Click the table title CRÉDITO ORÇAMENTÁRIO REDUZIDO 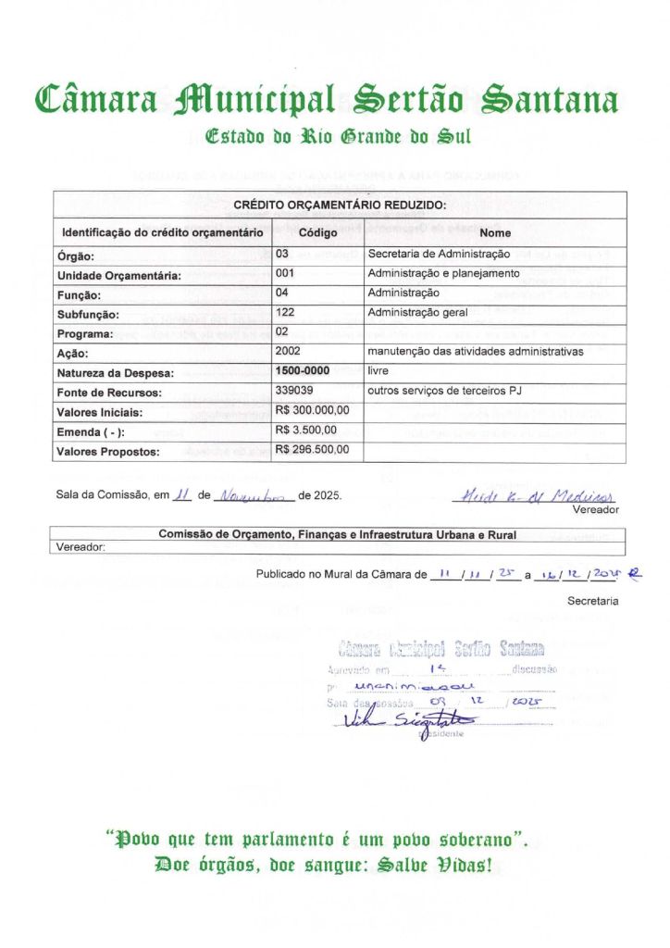point(340,205)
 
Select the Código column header point(317,232)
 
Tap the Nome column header point(495,232)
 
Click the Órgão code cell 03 point(283,254)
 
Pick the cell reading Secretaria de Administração point(439,254)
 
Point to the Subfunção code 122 point(285,313)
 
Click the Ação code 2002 point(288,352)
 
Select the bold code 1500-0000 point(303,371)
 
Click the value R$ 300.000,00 point(313,410)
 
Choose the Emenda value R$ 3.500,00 point(309,430)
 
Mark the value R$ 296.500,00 point(313,450)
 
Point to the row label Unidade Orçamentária point(119,275)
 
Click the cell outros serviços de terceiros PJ point(445,391)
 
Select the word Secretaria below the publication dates point(592,601)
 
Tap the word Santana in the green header point(552,100)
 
